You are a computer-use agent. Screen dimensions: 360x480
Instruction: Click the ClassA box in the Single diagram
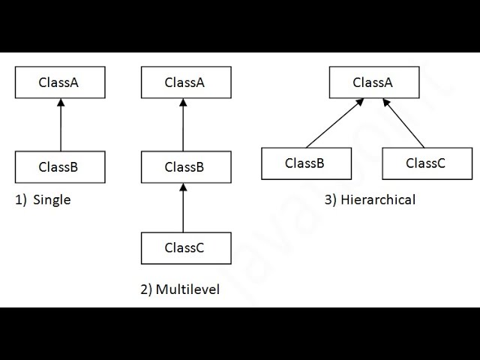click(x=60, y=82)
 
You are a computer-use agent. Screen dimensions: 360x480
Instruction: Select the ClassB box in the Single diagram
click(x=60, y=167)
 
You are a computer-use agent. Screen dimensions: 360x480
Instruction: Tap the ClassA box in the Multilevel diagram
click(x=186, y=82)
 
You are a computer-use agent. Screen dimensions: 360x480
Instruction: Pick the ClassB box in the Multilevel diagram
click(x=186, y=167)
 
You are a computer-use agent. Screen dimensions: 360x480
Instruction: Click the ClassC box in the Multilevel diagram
click(x=186, y=248)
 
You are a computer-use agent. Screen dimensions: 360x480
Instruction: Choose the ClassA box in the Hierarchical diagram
click(x=373, y=82)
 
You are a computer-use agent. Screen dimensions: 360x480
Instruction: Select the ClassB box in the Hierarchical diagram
click(x=306, y=163)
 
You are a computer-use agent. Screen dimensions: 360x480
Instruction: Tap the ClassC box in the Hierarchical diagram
click(x=426, y=163)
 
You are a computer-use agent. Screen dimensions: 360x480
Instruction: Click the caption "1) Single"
click(x=43, y=200)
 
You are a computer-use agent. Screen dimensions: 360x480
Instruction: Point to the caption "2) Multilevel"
click(x=180, y=289)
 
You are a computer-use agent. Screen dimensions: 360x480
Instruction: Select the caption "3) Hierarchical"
click(x=370, y=199)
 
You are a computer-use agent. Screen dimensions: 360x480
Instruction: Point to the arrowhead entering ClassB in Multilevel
click(x=183, y=187)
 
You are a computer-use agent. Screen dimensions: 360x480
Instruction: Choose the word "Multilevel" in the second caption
click(x=187, y=289)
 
